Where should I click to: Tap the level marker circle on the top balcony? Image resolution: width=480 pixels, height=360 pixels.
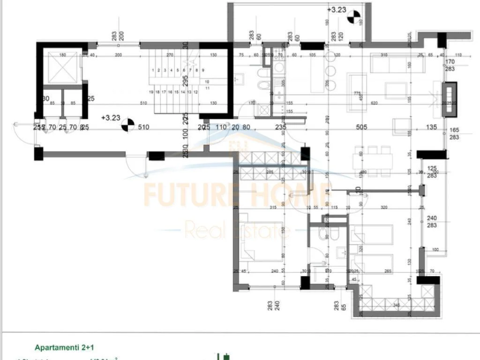tap(354, 19)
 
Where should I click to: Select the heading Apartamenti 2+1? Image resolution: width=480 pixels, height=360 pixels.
tap(65, 347)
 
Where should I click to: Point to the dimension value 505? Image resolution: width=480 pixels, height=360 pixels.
tap(361, 127)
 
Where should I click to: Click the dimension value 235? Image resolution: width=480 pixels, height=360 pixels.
tap(280, 127)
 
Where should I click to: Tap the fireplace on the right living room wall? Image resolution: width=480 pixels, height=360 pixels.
tap(450, 99)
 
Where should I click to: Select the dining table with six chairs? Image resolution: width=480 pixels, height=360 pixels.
tap(373, 161)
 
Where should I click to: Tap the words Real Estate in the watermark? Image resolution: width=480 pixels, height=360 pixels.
tap(237, 230)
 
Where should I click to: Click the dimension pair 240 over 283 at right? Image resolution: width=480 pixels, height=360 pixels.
tap(432, 221)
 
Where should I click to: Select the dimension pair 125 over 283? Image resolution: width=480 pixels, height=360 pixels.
tap(432, 172)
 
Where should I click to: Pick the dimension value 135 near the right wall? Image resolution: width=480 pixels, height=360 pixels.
tap(431, 127)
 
